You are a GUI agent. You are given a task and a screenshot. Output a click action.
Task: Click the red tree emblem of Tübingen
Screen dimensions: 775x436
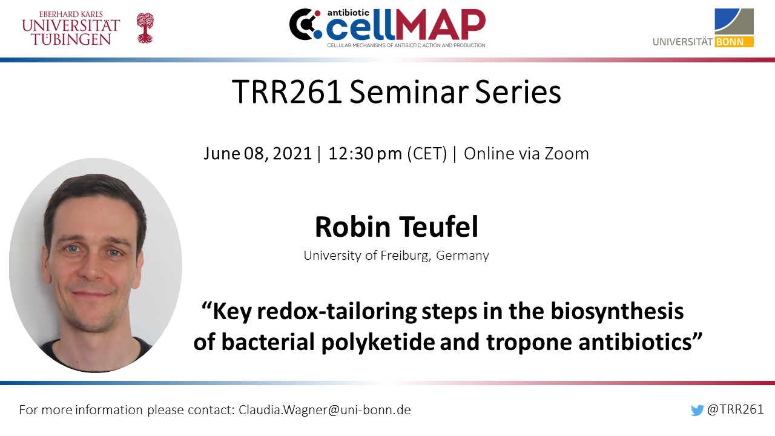(145, 28)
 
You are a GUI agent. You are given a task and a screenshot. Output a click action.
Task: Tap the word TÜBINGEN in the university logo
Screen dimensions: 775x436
(71, 39)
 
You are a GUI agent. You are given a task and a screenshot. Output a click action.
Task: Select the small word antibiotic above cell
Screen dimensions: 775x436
(343, 13)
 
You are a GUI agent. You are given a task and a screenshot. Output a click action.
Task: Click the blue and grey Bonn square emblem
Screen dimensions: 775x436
(734, 21)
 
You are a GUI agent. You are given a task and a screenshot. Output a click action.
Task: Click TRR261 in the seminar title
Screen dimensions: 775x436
(287, 92)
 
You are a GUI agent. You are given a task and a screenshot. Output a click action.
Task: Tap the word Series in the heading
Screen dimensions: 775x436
(518, 92)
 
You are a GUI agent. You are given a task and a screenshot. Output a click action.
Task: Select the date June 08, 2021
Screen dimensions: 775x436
(258, 154)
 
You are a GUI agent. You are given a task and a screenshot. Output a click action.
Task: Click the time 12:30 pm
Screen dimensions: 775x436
(365, 154)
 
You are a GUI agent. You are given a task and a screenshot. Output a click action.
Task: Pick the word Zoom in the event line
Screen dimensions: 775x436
(567, 154)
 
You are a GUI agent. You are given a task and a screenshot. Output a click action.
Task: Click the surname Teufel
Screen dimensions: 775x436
(439, 226)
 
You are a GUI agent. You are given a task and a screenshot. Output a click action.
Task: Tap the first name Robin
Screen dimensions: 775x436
(352, 226)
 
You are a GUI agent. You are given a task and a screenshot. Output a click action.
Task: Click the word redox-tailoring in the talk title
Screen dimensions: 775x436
(337, 311)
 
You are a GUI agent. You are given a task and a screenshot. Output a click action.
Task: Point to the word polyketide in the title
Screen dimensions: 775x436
(378, 342)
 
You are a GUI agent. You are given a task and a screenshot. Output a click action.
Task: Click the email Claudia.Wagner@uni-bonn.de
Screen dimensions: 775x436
(325, 410)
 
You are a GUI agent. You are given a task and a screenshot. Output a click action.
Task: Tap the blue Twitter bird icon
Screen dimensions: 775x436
(697, 411)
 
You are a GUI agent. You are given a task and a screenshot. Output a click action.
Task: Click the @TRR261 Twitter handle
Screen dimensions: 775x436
(735, 409)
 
